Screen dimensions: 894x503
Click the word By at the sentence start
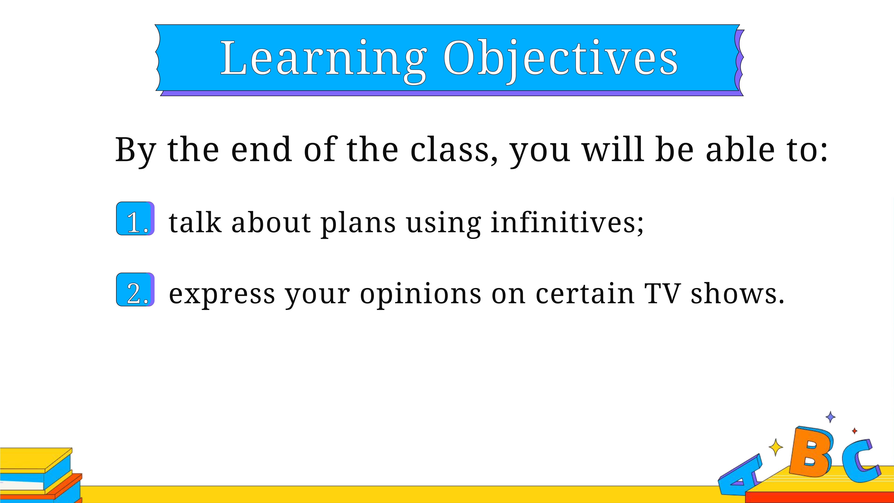pos(136,151)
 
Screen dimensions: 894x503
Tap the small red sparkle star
pos(855,431)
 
